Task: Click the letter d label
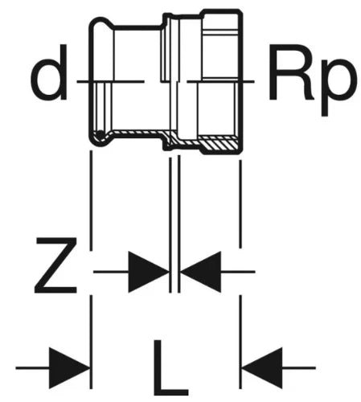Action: pos(48,72)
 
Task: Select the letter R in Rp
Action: pos(292,72)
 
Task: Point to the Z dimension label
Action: pos(56,265)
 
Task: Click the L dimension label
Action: pos(171,367)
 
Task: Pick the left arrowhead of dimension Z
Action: pos(149,272)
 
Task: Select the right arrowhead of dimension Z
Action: pos(201,272)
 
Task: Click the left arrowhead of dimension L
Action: pos(70,368)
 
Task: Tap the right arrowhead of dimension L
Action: pos(263,368)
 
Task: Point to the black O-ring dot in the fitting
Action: pos(101,135)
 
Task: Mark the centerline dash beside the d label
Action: pos(110,81)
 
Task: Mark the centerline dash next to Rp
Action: pos(220,81)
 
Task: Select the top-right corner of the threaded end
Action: pos(241,10)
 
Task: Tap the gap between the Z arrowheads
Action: pos(174,272)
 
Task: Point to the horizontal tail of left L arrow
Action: pos(32,368)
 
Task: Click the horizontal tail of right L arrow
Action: pos(299,368)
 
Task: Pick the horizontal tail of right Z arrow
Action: pos(238,272)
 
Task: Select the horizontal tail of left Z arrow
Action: pos(111,272)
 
